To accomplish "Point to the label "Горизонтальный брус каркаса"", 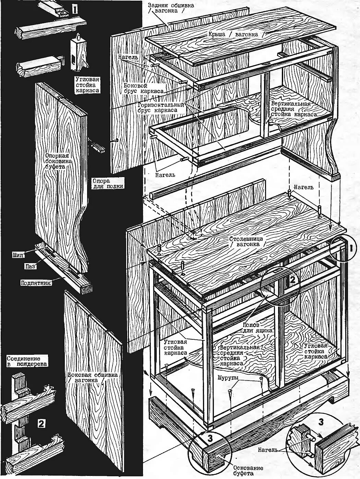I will coord(160,107).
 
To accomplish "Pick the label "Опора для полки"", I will coord(107,183).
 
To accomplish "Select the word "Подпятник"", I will coord(36,283).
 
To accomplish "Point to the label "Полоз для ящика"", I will coord(257,327).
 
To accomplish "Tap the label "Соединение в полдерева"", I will coord(27,361).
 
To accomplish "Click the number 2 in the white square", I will coord(40,423).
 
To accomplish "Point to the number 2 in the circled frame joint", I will coord(292,279).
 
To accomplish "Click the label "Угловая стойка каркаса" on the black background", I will coord(87,84).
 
